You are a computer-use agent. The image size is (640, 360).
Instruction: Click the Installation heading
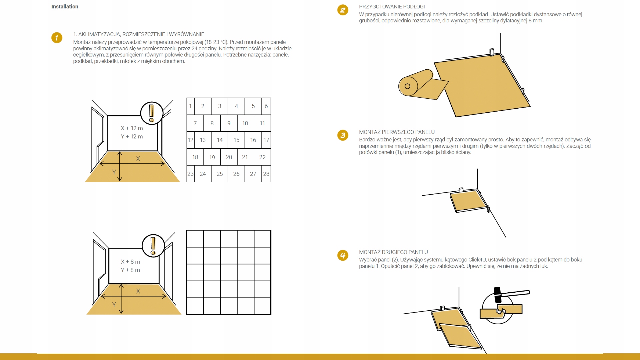[65, 7]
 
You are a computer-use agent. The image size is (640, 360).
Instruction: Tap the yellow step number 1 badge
[57, 38]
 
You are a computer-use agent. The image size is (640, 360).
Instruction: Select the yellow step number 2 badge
[343, 10]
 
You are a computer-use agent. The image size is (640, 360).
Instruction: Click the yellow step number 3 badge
[343, 135]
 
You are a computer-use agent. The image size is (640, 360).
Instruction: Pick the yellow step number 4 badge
[343, 256]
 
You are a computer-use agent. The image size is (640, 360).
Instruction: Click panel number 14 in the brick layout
[220, 140]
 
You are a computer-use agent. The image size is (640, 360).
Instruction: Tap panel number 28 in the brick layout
[266, 174]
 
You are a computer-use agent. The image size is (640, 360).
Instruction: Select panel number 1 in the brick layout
[190, 106]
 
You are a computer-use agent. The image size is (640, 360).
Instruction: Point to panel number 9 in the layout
[229, 123]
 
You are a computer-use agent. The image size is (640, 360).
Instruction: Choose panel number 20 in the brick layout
[229, 157]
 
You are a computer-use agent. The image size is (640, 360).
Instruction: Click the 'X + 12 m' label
[132, 128]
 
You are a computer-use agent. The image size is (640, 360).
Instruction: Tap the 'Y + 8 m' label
[130, 270]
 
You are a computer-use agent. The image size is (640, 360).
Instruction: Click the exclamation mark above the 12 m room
[151, 113]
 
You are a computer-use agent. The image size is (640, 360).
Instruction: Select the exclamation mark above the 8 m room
[153, 246]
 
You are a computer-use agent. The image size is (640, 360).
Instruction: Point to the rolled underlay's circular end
[408, 86]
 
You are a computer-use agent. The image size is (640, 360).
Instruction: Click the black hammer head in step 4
[497, 295]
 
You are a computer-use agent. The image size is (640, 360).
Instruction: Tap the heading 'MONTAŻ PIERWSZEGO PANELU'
[397, 132]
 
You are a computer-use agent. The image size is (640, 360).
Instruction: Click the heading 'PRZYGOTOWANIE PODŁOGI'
[392, 7]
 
